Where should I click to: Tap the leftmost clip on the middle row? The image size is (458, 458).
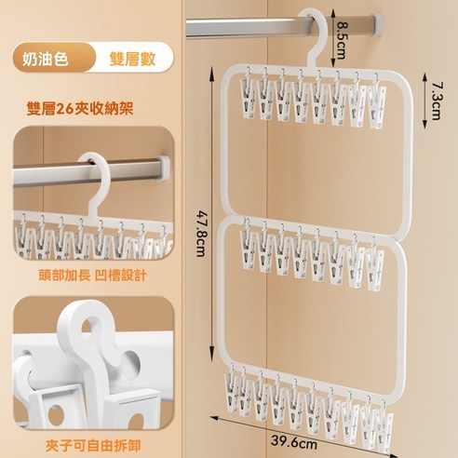click(247, 257)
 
